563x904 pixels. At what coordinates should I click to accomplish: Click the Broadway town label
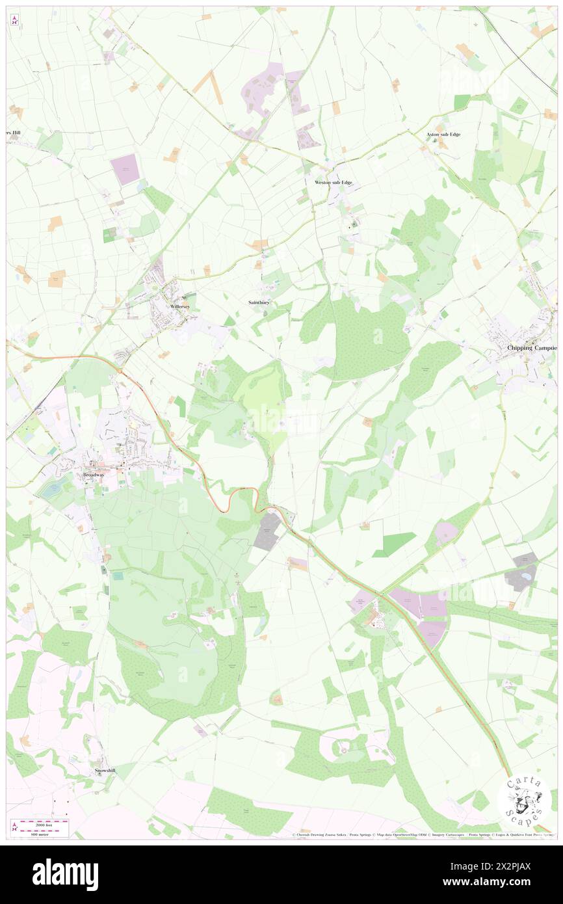click(x=94, y=475)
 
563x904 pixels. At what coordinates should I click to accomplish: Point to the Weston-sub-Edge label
click(x=334, y=183)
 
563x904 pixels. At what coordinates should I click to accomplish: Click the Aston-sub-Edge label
click(x=443, y=135)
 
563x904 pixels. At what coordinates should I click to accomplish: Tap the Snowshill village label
click(x=104, y=770)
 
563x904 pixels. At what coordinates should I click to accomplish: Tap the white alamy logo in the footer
click(x=66, y=874)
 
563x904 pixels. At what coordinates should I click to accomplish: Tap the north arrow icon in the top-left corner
click(x=14, y=20)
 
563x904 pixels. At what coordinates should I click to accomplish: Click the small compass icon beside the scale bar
click(x=15, y=827)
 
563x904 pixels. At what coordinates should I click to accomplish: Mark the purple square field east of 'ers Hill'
click(x=125, y=169)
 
